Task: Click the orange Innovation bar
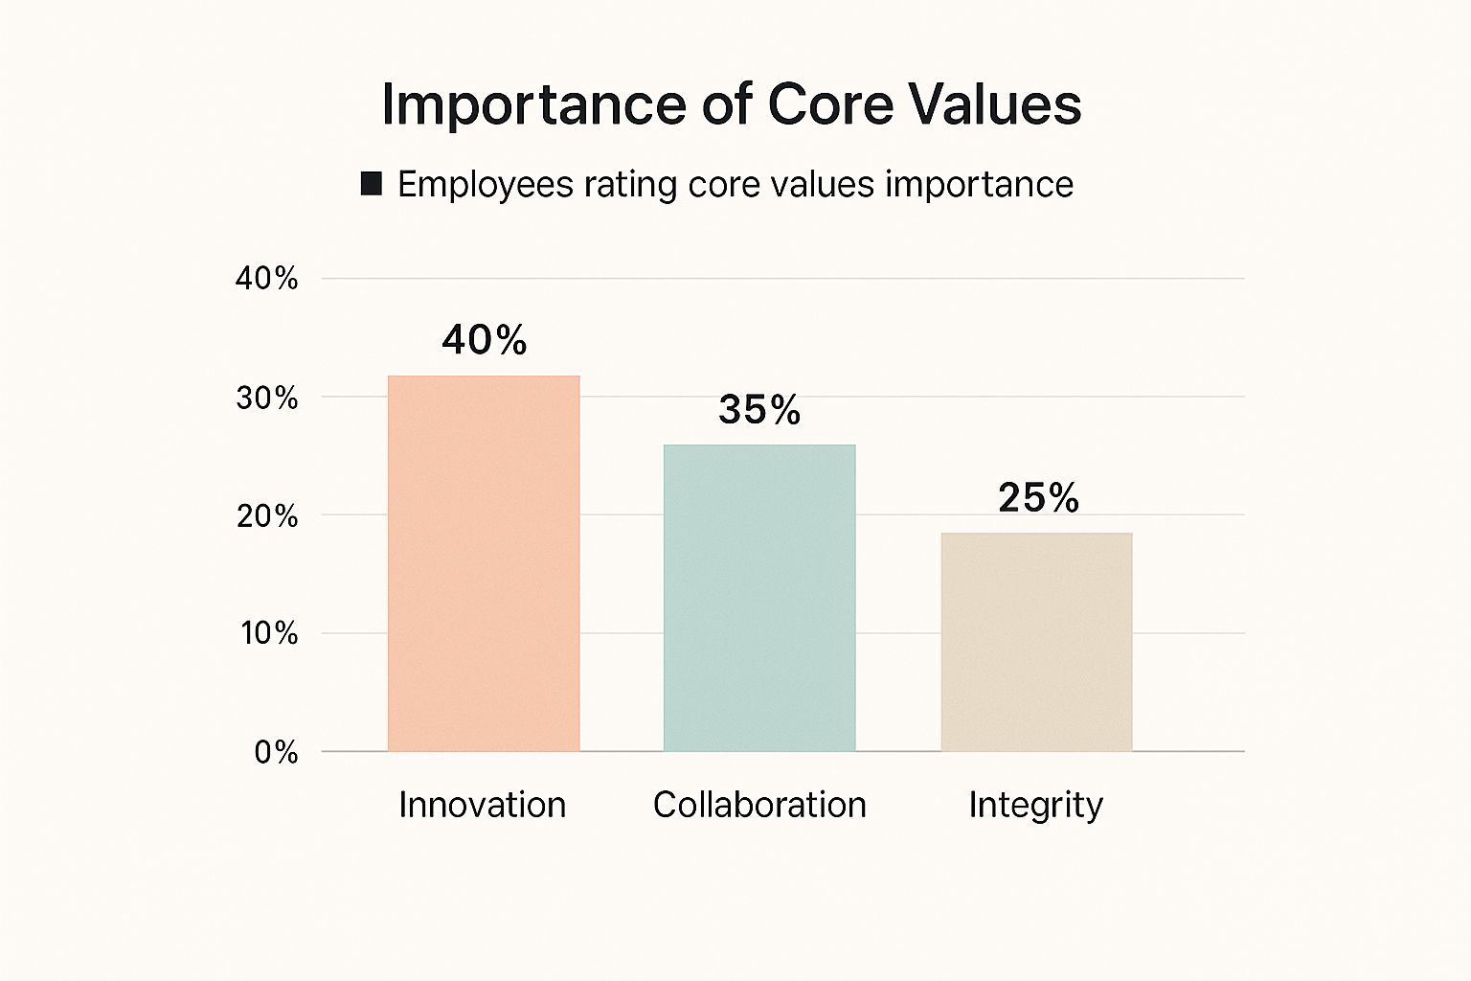(484, 563)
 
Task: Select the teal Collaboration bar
(759, 598)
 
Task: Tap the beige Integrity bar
(1036, 642)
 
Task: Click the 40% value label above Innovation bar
(485, 340)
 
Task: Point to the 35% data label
(759, 410)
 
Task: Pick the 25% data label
(1038, 498)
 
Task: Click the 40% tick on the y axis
(266, 279)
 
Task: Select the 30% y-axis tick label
(266, 398)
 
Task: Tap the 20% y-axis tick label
(266, 516)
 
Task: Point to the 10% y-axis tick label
(268, 633)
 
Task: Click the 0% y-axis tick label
(276, 753)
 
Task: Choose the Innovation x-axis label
(483, 805)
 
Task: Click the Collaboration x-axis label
(759, 805)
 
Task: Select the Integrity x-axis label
(1035, 806)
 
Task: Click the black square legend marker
(372, 184)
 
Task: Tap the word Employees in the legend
(486, 185)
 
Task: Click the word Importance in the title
(533, 104)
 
